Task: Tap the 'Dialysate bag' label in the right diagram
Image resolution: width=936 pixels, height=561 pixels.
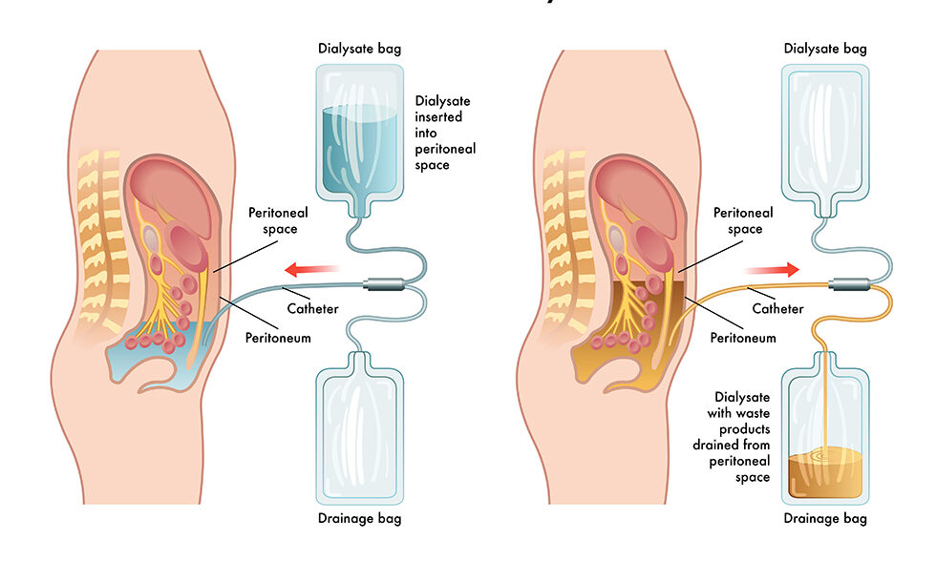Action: pos(826,48)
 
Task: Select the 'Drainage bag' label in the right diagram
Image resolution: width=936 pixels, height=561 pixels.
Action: pos(826,519)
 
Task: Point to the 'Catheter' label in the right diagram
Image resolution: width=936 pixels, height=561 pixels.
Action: pos(777,307)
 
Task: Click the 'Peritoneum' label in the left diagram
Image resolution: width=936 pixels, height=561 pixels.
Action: pos(278,338)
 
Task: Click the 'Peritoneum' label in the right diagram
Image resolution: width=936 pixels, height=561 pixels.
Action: pos(743,338)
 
